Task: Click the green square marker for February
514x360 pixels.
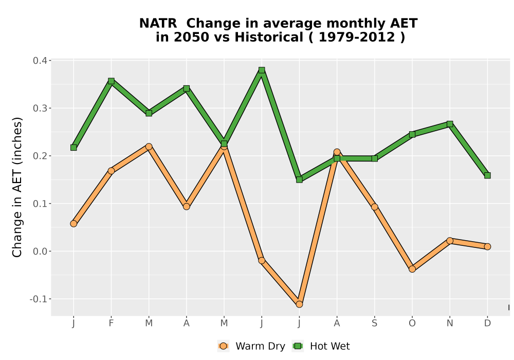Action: point(111,81)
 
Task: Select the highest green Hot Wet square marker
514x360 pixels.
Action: point(262,70)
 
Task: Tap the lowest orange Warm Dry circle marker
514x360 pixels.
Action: point(299,304)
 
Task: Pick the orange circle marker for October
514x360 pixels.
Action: point(412,269)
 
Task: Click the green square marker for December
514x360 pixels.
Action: point(487,175)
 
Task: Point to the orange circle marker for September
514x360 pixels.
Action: point(374,207)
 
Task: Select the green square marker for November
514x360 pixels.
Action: point(450,124)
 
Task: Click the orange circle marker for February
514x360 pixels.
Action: point(111,171)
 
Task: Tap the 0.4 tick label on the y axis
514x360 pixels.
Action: point(40,61)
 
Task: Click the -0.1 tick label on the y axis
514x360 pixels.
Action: point(38,299)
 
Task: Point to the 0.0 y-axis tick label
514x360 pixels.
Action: point(40,251)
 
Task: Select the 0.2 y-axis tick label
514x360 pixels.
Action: point(40,156)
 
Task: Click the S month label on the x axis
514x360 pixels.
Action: point(374,323)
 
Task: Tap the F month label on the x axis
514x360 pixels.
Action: point(111,323)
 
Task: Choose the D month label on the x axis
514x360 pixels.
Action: point(487,323)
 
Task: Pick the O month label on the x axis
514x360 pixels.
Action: point(412,323)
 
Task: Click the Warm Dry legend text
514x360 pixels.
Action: point(260,346)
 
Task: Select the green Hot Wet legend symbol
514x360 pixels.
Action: point(298,346)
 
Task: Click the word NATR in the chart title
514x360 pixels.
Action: point(158,24)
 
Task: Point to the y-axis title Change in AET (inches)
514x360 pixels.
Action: point(17,187)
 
